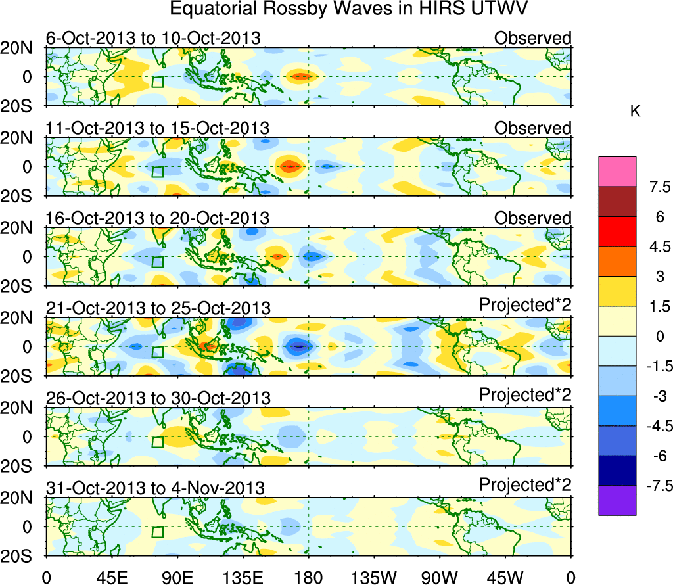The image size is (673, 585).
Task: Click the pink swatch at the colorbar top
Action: (617, 172)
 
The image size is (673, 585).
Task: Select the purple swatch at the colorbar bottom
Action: (617, 500)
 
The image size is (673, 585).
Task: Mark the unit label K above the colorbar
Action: (636, 112)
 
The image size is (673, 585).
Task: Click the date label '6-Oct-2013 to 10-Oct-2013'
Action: (153, 38)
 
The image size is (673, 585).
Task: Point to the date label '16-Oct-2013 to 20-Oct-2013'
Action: (157, 218)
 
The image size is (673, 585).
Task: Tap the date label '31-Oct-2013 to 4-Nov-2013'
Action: (155, 488)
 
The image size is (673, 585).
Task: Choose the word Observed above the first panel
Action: (533, 38)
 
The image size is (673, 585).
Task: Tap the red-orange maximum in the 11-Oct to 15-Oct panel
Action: (290, 166)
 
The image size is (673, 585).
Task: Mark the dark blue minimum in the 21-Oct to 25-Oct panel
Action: (299, 346)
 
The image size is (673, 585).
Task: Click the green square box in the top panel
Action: (157, 82)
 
